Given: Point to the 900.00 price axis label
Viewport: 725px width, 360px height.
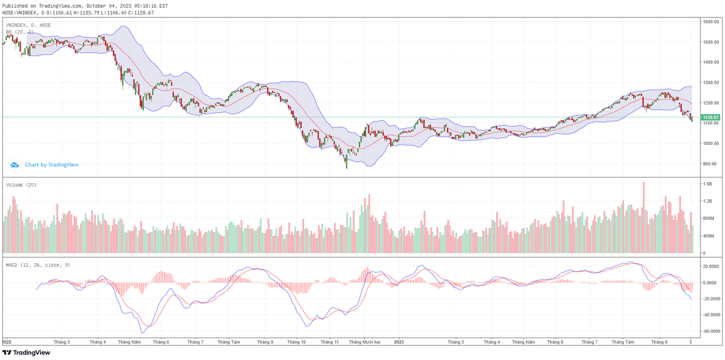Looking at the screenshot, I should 709,164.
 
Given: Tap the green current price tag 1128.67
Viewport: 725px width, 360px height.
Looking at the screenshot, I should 710,117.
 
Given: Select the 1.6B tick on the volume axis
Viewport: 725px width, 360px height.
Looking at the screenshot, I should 707,183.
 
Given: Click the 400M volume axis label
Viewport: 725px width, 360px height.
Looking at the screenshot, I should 707,253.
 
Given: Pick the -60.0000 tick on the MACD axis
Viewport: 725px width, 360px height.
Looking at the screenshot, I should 710,332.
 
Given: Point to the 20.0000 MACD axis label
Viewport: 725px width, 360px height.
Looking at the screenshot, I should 710,266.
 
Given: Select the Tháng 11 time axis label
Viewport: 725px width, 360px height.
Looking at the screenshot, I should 329,342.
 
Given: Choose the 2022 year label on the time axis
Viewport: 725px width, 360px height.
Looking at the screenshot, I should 6,342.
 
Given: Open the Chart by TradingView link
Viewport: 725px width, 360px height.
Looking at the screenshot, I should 51,164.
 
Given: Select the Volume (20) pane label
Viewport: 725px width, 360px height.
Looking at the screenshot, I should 21,185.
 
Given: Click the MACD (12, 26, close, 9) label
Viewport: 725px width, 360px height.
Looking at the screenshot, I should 38,265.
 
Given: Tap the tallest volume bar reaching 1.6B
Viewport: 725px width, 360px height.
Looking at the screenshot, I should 643,217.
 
